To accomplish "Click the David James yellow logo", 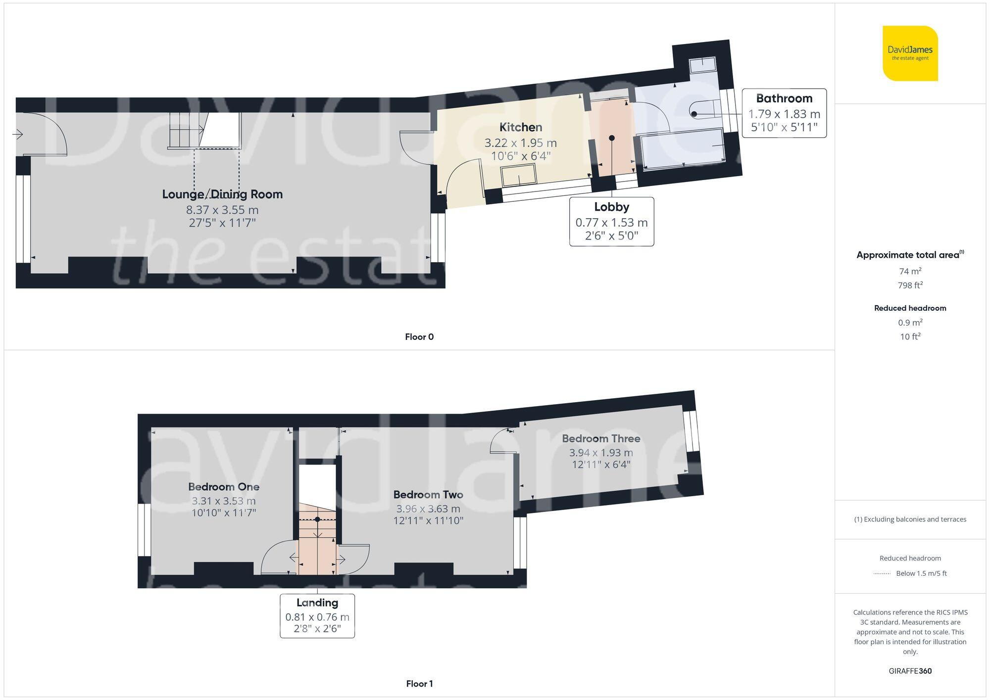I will click(x=910, y=53).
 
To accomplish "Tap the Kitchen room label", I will click(x=520, y=128).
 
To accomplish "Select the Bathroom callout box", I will click(x=784, y=113).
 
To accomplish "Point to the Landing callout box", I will click(x=317, y=615).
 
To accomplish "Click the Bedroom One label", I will click(x=224, y=487).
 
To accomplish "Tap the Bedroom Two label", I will click(x=428, y=495).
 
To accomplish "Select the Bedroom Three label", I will click(x=601, y=439).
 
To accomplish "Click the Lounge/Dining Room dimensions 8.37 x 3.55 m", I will click(x=222, y=210).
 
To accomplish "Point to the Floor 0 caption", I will click(x=419, y=337).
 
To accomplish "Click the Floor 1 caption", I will click(x=419, y=684).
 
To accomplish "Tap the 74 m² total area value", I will click(x=910, y=271).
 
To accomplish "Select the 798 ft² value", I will click(x=910, y=285).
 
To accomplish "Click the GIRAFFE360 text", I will click(x=910, y=671).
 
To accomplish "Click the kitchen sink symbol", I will click(x=518, y=176).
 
